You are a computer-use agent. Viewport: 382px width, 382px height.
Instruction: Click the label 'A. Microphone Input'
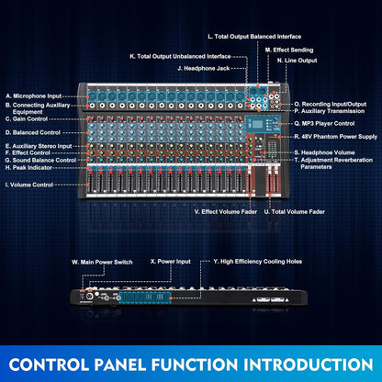tap(33, 95)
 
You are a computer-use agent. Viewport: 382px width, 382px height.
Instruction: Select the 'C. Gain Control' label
tap(28, 118)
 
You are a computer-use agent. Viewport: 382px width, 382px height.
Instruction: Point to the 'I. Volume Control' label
tap(29, 185)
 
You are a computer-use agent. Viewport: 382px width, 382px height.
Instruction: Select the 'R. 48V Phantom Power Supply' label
tap(331, 136)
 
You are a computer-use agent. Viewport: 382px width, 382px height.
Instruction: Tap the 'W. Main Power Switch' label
tap(102, 262)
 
